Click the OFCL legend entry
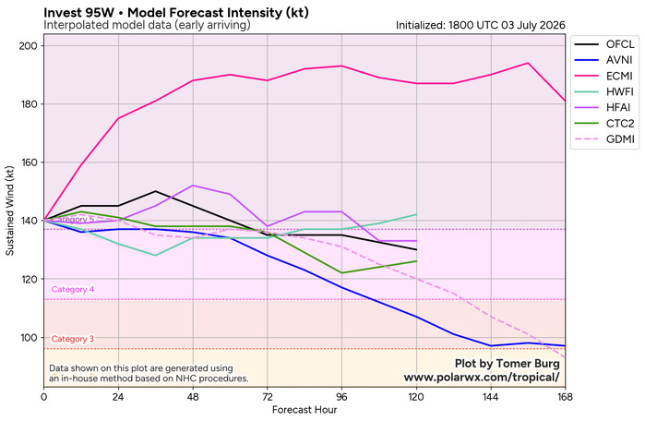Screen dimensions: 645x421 point(603,44)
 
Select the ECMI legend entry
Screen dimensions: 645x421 point(603,76)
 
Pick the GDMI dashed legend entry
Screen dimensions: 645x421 point(603,139)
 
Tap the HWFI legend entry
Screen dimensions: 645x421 point(603,91)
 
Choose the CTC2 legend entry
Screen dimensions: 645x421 point(603,123)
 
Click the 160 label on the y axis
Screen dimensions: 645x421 point(28,162)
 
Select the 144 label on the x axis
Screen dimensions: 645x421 point(491,397)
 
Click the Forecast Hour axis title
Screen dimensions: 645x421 point(305,410)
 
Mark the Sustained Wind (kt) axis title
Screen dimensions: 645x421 point(9,210)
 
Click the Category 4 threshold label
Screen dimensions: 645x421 point(73,289)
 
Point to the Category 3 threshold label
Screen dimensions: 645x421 point(73,339)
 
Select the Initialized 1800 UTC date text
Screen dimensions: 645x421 point(481,25)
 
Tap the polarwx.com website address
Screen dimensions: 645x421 point(482,378)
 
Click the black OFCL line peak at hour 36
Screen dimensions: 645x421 point(156,191)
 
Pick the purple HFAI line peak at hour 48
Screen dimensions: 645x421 point(193,186)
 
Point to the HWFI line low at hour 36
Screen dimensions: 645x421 point(156,256)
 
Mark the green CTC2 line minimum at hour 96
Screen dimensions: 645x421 point(341,273)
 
